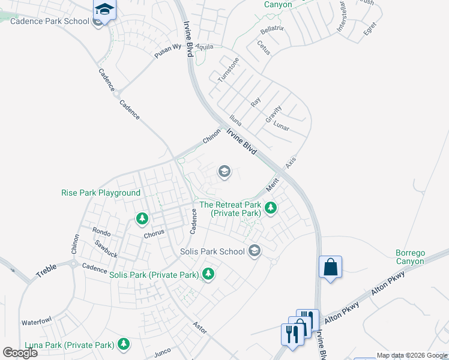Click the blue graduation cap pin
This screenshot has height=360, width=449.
coord(104,10)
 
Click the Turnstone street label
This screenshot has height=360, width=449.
coord(228,70)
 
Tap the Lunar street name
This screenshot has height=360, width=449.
coord(281,127)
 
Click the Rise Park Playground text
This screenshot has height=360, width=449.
coord(101,193)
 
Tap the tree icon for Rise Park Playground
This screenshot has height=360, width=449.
coord(142,218)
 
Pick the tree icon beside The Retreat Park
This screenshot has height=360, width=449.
coord(271,208)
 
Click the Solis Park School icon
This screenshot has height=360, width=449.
coord(255,251)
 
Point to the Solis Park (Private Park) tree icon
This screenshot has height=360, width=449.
coord(208,274)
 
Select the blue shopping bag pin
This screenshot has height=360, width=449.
coord(330,266)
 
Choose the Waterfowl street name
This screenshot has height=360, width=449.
coord(37,322)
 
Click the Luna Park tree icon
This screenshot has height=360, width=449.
coord(124,344)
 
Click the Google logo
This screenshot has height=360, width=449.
coord(20,353)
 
